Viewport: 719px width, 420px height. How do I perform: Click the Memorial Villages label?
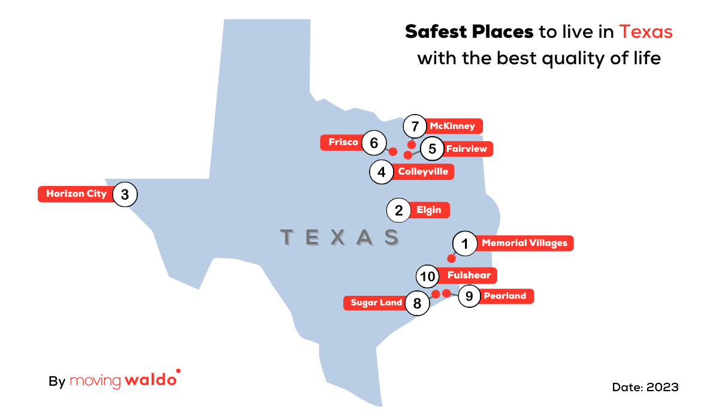pyautogui.click(x=524, y=244)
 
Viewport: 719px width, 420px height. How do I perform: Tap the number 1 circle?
pyautogui.click(x=464, y=244)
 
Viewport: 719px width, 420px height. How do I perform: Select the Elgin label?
pyautogui.click(x=428, y=210)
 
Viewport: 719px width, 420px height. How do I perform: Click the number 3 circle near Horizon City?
pyautogui.click(x=125, y=194)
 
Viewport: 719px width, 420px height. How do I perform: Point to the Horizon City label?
pyautogui.click(x=76, y=194)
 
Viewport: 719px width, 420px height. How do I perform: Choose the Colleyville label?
pyautogui.click(x=422, y=172)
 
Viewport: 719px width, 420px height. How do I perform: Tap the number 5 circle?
pyautogui.click(x=432, y=148)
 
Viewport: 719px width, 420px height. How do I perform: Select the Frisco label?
pyautogui.click(x=343, y=142)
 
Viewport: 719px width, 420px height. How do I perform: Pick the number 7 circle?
pyautogui.click(x=415, y=127)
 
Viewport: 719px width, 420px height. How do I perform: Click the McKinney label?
pyautogui.click(x=452, y=126)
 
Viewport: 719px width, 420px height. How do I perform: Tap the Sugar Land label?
pyautogui.click(x=376, y=303)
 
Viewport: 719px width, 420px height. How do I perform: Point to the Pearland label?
pyautogui.click(x=504, y=296)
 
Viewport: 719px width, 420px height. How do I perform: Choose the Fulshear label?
pyautogui.click(x=469, y=275)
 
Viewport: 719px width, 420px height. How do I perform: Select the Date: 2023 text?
pyautogui.click(x=645, y=387)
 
